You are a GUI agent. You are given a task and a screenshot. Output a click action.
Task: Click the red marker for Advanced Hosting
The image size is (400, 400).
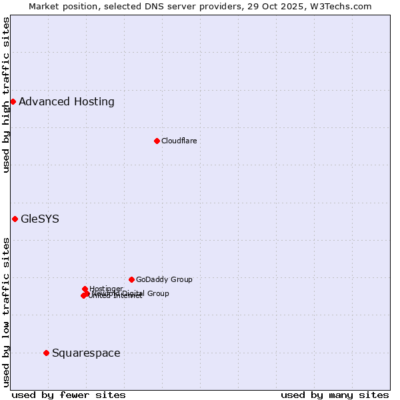[x=13, y=101]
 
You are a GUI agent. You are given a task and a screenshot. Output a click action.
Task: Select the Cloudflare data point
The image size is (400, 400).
[x=157, y=141]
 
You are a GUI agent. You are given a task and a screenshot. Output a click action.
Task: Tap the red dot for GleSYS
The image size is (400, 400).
[x=15, y=219]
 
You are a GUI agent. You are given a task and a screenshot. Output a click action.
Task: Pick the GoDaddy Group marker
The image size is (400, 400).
[x=131, y=279]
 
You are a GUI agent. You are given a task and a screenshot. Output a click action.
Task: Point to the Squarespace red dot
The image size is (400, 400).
[x=46, y=353]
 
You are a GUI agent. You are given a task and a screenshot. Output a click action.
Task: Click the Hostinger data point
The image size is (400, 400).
[x=85, y=289]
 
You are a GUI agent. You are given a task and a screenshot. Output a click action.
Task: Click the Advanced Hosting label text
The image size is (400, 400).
[x=67, y=102]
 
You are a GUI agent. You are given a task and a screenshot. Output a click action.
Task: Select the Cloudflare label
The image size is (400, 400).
[x=179, y=141]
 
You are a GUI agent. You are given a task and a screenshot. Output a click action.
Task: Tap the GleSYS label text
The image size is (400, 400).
[x=40, y=219]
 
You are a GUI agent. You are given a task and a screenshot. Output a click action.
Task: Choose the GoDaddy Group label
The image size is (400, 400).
[x=164, y=279]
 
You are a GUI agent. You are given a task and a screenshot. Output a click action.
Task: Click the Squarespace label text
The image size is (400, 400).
[x=86, y=353]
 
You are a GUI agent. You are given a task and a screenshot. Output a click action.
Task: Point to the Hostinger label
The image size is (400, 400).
[x=106, y=289]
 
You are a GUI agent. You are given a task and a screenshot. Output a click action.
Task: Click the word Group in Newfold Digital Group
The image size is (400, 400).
[x=158, y=293]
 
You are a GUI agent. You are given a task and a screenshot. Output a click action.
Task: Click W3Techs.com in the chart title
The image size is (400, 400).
[x=341, y=6]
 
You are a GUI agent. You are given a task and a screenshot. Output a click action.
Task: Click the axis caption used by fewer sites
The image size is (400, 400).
[x=69, y=395]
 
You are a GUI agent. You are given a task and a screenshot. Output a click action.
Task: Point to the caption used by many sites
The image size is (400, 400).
[x=335, y=395]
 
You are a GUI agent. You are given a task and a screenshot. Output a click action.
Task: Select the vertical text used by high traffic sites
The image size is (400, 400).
[x=6, y=95]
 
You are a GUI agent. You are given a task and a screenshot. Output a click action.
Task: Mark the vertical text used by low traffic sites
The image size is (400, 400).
[x=6, y=312]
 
